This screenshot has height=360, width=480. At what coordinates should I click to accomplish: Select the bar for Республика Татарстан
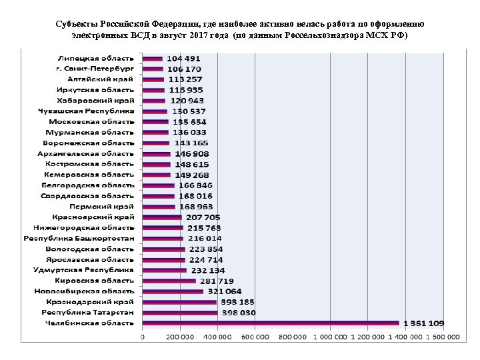click(x=179, y=313)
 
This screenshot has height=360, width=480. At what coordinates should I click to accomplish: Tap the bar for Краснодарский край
click(x=179, y=302)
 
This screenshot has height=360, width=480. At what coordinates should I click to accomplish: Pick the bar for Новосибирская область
click(x=172, y=291)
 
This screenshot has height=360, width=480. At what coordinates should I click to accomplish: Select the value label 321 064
click(x=225, y=291)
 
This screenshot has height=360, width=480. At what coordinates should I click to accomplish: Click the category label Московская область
click(x=92, y=121)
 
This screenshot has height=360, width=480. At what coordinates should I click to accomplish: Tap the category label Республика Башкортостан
click(x=79, y=238)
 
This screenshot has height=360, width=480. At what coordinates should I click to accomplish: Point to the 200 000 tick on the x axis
click(x=179, y=337)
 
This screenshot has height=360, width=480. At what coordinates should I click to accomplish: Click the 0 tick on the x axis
click(x=142, y=337)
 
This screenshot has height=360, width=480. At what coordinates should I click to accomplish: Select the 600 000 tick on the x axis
click(x=253, y=337)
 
